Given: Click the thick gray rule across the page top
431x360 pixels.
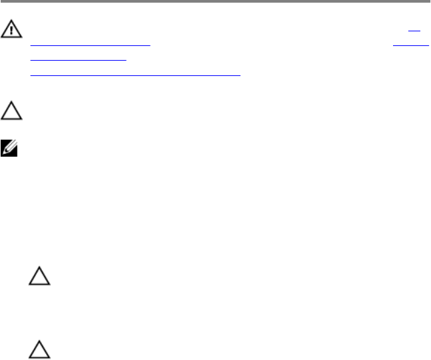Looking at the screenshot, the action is (215, 1).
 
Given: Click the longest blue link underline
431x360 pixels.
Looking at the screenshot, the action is (135, 75).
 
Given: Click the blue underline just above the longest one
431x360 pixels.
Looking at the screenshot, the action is (79, 60).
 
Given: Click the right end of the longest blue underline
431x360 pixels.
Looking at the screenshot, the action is (240, 75).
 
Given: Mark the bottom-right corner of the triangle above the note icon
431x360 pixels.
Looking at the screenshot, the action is (22, 119).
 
